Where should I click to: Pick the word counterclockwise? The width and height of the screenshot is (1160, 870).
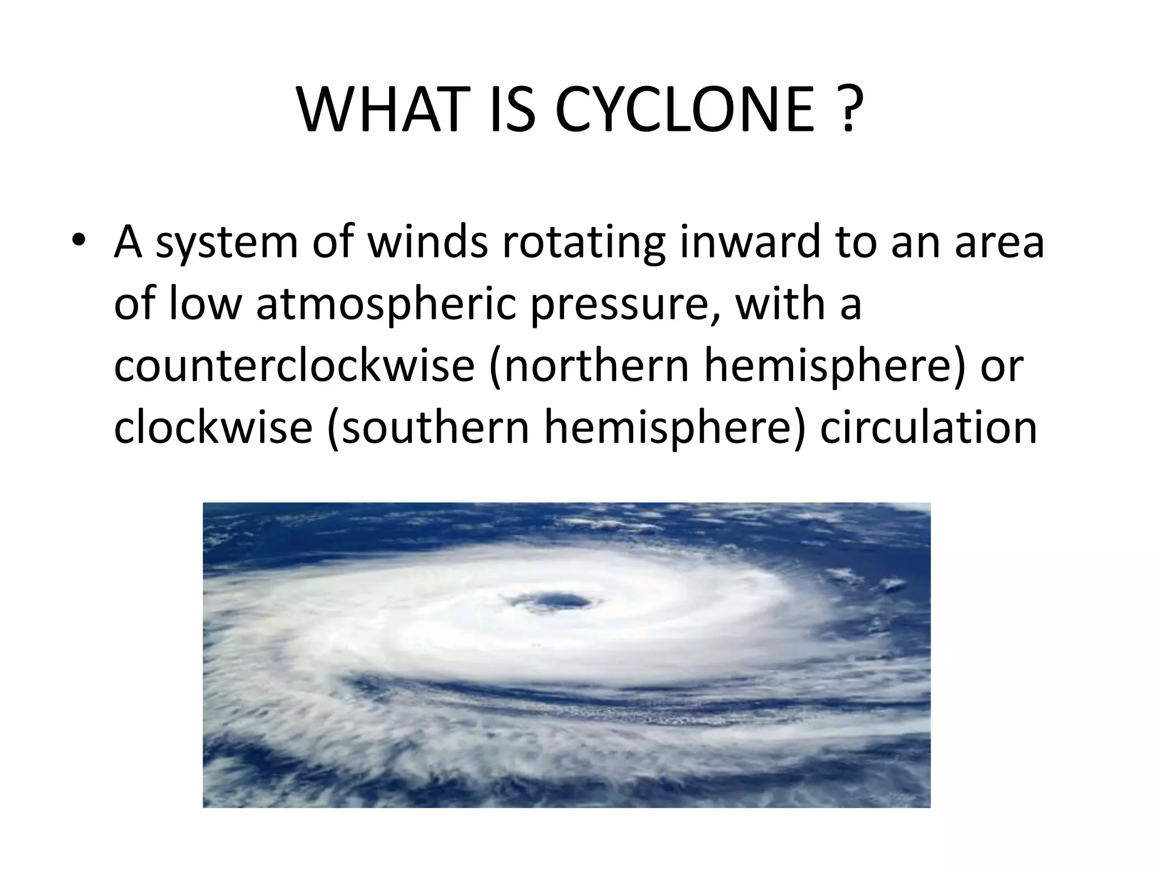[x=294, y=366]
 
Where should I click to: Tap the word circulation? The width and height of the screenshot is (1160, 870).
[x=928, y=427]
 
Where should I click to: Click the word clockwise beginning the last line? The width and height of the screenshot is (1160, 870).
[x=213, y=427]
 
